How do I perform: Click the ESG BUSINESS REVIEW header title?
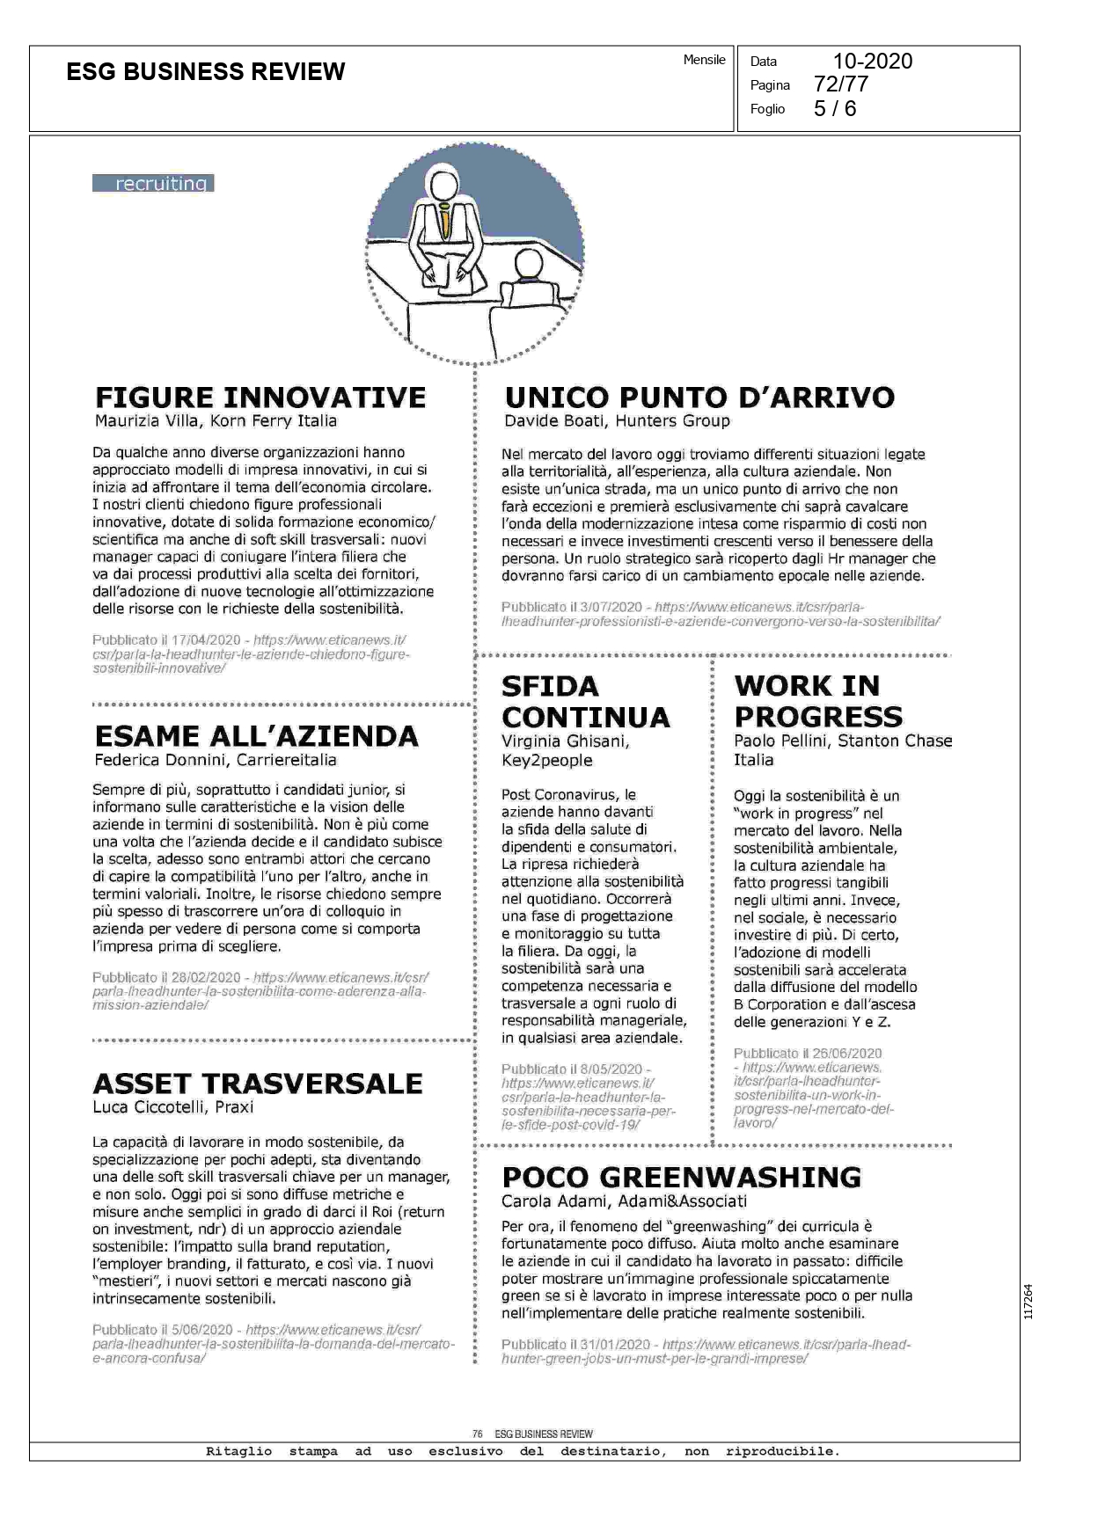click(206, 72)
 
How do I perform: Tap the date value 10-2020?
click(872, 61)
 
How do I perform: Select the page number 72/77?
click(841, 84)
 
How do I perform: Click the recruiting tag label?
click(154, 183)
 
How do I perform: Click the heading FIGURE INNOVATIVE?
click(260, 397)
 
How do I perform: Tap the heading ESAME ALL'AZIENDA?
click(256, 735)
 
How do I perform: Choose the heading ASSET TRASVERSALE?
click(258, 1083)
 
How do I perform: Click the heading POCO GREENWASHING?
click(682, 1177)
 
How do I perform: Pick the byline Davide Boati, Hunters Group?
click(617, 421)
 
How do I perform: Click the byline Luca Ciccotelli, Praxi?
click(173, 1107)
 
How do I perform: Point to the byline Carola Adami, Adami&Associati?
click(624, 1201)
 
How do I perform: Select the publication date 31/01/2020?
click(614, 1345)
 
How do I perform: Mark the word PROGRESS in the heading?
click(818, 716)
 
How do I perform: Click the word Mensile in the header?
click(704, 60)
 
